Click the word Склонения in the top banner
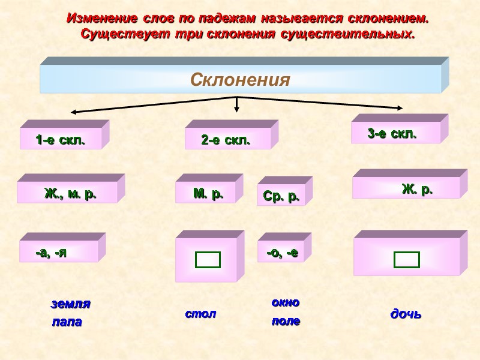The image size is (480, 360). click(x=240, y=80)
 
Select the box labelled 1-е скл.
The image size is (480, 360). click(x=61, y=140)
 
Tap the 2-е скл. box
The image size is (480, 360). click(x=226, y=140)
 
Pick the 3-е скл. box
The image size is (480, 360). click(x=392, y=134)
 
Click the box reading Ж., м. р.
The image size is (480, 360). click(x=70, y=194)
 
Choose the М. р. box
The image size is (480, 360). click(x=208, y=194)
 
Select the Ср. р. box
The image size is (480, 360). click(x=281, y=196)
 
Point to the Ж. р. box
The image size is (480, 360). click(x=417, y=190)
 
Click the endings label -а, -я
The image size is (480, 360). click(x=52, y=253)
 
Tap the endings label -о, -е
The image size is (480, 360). click(x=282, y=253)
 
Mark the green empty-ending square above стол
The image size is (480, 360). click(x=208, y=260)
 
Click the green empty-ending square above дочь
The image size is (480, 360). click(x=406, y=260)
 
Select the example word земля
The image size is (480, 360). click(x=70, y=304)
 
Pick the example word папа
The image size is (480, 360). click(x=67, y=322)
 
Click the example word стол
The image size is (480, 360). click(x=200, y=314)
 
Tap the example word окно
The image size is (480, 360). click(x=286, y=302)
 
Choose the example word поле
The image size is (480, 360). click(x=286, y=322)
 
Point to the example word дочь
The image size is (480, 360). click(x=406, y=314)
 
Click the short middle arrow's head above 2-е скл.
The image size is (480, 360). click(x=237, y=109)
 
